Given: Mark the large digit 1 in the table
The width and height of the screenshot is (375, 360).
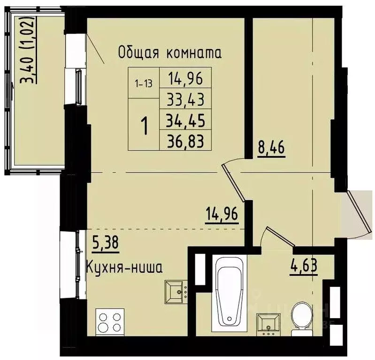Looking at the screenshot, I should (145, 126).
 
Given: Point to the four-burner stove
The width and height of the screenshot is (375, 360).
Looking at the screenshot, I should (110, 322).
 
